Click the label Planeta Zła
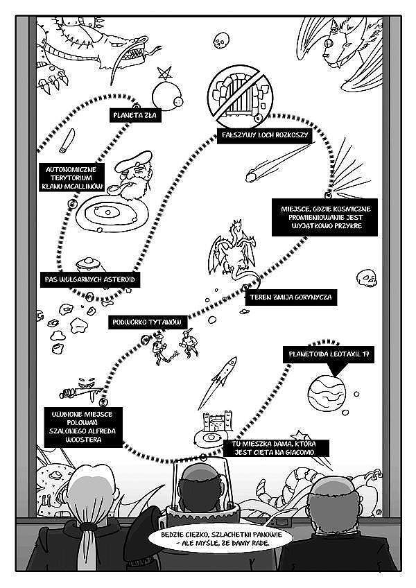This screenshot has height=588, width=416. point(135,115)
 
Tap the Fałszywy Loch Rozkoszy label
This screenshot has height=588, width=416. point(264,135)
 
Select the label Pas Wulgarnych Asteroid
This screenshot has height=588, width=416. point(90,279)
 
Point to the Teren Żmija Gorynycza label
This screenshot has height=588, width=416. point(291,297)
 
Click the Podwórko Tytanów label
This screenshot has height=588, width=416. point(147,322)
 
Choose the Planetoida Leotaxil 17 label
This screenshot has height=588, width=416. point(329,354)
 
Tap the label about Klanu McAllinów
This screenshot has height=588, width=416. point(72,178)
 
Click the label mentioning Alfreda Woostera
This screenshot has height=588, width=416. point(83,427)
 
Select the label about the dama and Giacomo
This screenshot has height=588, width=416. point(273,448)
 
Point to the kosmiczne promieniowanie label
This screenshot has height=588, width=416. point(325,218)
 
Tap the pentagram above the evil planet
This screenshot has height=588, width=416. point(165,73)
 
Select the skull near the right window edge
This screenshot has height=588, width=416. point(367,278)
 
